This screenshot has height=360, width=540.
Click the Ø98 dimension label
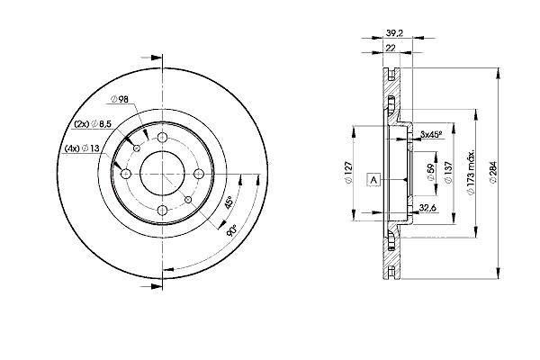pyautogui.click(x=119, y=99)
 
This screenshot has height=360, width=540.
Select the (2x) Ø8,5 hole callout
pyautogui.click(x=93, y=124)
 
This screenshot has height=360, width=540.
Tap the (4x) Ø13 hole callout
pyautogui.click(x=82, y=148)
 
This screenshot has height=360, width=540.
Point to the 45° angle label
pyautogui.click(x=229, y=202)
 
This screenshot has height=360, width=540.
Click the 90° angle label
pyautogui.click(x=232, y=229)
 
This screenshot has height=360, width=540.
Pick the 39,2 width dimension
pyautogui.click(x=394, y=33)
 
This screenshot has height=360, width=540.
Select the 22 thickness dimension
pyautogui.click(x=391, y=48)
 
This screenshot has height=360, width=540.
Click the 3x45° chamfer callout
pyautogui.click(x=431, y=134)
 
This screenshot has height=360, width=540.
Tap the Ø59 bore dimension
pyautogui.click(x=430, y=172)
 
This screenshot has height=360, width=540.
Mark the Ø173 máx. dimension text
pyautogui.click(x=471, y=172)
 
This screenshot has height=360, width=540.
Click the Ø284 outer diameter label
pyautogui.click(x=493, y=172)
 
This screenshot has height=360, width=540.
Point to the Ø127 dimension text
pyautogui.click(x=348, y=172)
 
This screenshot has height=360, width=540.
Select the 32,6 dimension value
pyautogui.click(x=427, y=207)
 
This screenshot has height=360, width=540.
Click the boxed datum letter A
pyautogui.click(x=373, y=180)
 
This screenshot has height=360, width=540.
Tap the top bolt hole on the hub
pyautogui.click(x=162, y=138)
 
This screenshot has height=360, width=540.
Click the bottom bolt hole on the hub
pyautogui.click(x=162, y=210)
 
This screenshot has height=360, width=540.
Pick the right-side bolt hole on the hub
pyautogui.click(x=198, y=174)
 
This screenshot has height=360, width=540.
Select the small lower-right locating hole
pyautogui.click(x=188, y=200)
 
